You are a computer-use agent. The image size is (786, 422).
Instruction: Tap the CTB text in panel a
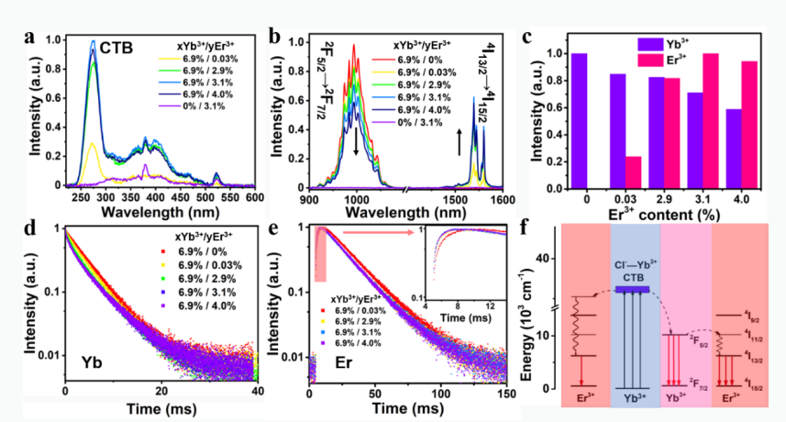pyautogui.click(x=117, y=46)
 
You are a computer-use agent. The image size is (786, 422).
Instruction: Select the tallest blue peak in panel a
pyautogui.click(x=94, y=42)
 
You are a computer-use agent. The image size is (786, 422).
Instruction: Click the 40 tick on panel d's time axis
pyautogui.click(x=258, y=393)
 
